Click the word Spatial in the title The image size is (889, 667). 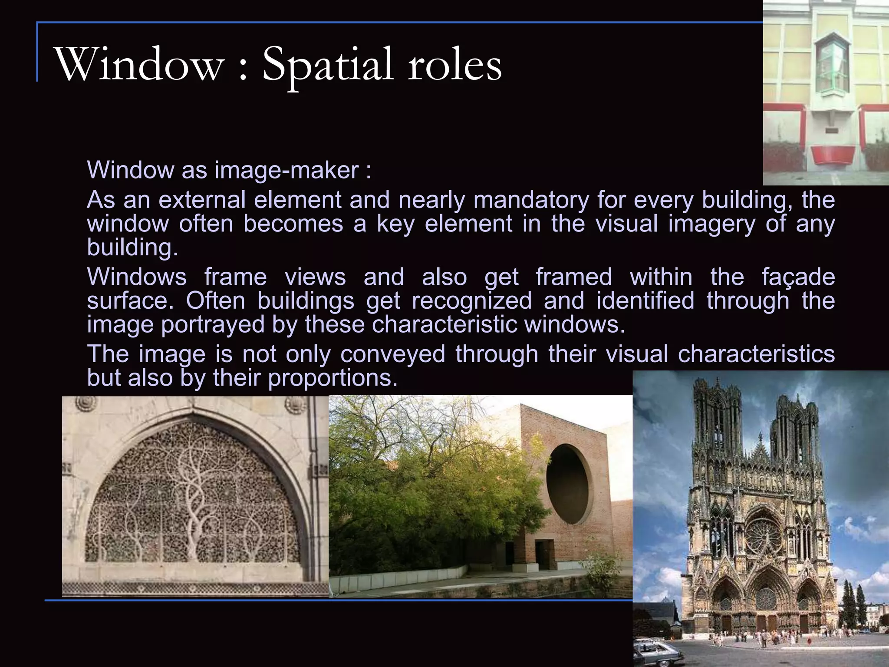(328, 65)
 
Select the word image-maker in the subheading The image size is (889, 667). (286, 170)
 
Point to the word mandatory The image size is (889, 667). (531, 200)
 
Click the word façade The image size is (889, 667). (798, 277)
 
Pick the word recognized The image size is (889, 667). (471, 300)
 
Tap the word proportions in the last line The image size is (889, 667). (333, 378)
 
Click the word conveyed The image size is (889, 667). (393, 354)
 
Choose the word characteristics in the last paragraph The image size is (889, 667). (756, 354)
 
